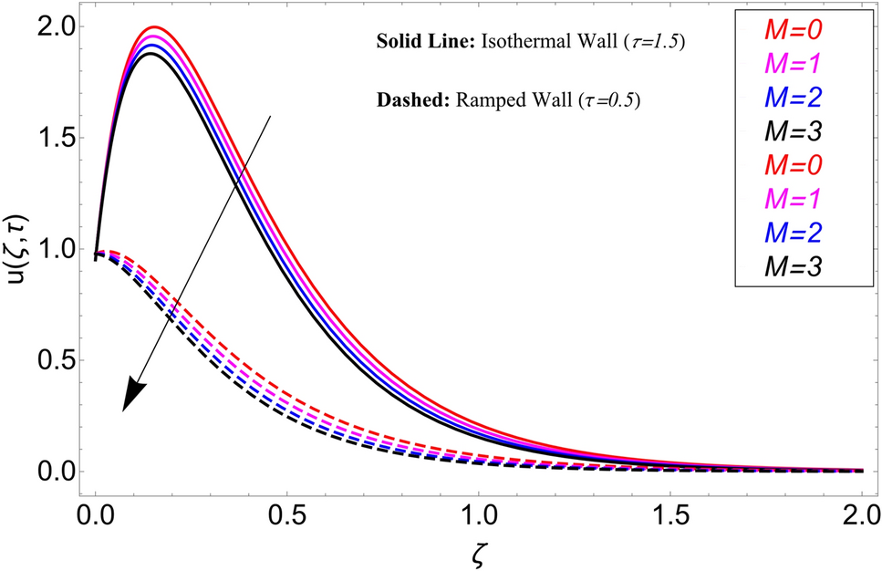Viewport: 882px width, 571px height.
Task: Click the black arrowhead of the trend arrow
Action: pos(133,397)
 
